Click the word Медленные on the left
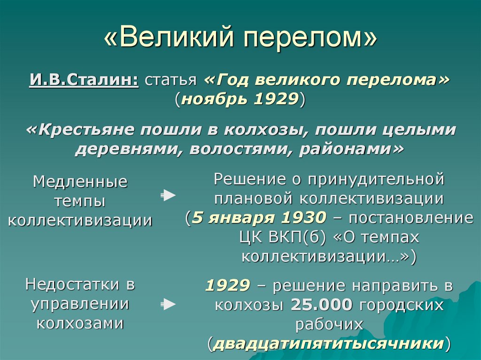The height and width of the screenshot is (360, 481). pos(80,182)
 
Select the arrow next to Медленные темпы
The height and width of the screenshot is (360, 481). pos(168,195)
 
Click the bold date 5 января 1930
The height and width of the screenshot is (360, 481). pos(259,218)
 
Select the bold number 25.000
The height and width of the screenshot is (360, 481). pos(321,305)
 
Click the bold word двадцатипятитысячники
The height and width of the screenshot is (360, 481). pos(328,344)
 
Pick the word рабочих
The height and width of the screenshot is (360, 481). pos(329,324)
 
